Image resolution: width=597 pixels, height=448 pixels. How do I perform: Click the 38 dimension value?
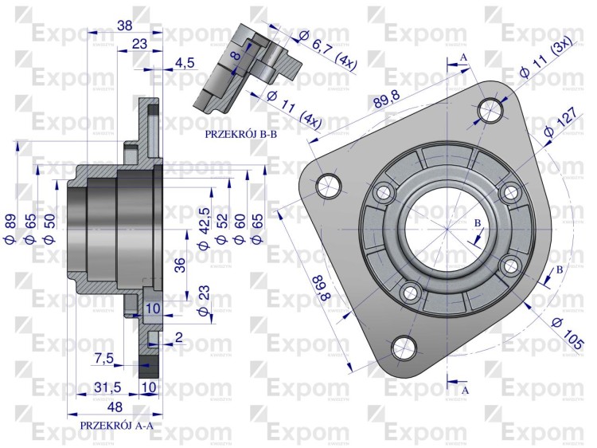click(x=124, y=26)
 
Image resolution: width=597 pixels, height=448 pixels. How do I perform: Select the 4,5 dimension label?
click(x=185, y=62)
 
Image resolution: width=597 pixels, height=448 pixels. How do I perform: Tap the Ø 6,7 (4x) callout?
click(x=327, y=52)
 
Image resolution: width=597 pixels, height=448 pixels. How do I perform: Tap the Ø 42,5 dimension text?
click(x=204, y=229)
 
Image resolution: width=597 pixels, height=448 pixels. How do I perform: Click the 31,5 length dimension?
click(x=107, y=387)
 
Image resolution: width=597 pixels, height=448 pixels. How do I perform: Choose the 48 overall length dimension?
click(x=115, y=407)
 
